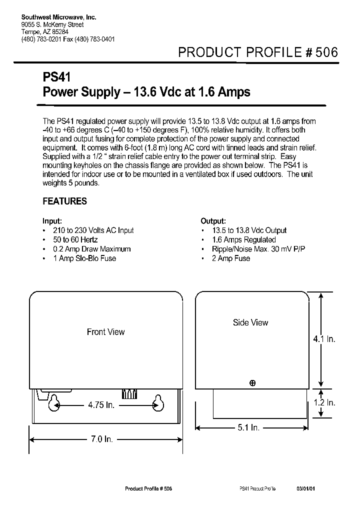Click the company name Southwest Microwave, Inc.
point(58,17)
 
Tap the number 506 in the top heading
point(326,53)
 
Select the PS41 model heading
point(57,78)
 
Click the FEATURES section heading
point(64,201)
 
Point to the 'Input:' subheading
point(52,221)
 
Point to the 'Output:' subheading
point(213,221)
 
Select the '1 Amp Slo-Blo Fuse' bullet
point(84,258)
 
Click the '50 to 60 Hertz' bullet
point(75,240)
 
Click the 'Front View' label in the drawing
point(105,332)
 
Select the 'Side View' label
point(250,323)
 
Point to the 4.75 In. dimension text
point(101,404)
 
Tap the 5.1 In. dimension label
point(248,427)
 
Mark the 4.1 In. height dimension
point(324,339)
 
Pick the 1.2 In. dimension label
point(324,402)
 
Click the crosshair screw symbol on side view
point(252,383)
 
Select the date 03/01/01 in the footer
point(305,488)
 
